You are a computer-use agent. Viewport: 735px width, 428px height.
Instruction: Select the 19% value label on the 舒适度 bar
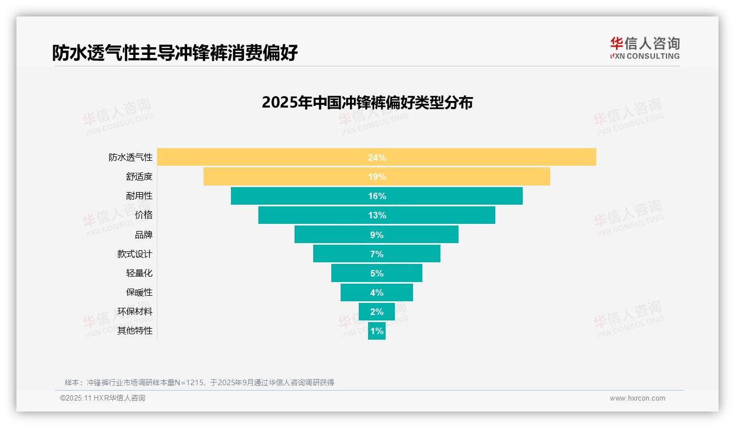[x=377, y=177]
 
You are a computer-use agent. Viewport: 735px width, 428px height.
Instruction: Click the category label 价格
[x=144, y=215]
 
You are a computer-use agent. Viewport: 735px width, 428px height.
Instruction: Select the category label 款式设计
[x=135, y=254]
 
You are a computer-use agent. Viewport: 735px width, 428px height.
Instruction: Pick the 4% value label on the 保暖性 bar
[x=377, y=292]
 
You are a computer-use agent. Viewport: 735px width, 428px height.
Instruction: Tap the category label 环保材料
[x=135, y=312]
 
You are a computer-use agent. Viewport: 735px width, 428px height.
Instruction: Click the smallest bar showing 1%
[x=377, y=331]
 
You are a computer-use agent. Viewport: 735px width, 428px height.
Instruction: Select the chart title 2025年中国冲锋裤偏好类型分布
[x=367, y=103]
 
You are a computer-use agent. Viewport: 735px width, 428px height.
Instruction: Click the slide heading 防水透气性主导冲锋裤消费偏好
[x=175, y=53]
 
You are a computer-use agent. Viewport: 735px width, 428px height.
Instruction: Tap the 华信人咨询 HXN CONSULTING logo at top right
[x=644, y=48]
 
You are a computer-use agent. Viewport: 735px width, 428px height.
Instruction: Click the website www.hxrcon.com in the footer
[x=637, y=398]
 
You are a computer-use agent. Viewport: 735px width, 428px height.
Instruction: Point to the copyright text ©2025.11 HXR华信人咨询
[x=103, y=398]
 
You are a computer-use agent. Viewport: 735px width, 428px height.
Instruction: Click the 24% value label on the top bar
[x=377, y=157]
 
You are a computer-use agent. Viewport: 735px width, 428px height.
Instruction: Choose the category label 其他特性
[x=135, y=331]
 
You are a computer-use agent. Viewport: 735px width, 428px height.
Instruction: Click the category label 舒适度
[x=139, y=177]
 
